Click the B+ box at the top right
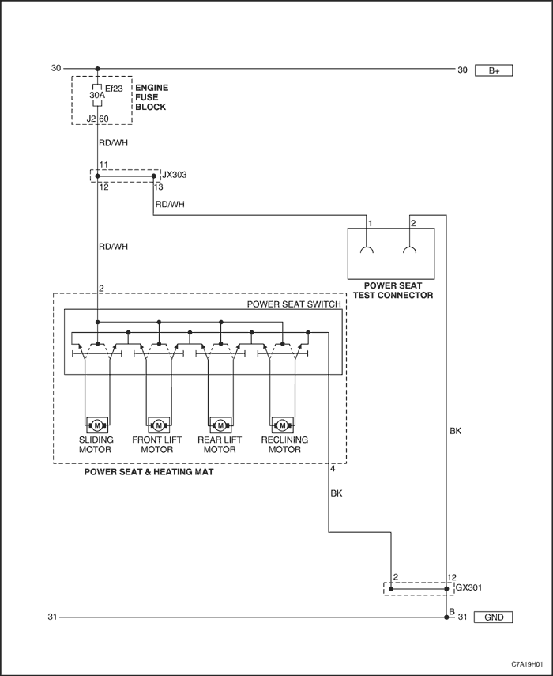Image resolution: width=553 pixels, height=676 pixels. pyautogui.click(x=494, y=70)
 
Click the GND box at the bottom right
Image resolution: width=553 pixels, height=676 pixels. pyautogui.click(x=494, y=617)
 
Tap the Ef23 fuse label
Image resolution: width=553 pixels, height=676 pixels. pyautogui.click(x=114, y=89)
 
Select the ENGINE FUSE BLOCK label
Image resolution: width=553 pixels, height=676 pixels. pyautogui.click(x=151, y=97)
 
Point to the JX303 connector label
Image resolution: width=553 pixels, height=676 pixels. pyautogui.click(x=175, y=175)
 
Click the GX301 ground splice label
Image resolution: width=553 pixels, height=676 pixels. pyautogui.click(x=469, y=587)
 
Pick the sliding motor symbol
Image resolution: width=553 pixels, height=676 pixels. pyautogui.click(x=97, y=425)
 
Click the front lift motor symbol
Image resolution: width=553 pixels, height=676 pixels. pyautogui.click(x=159, y=425)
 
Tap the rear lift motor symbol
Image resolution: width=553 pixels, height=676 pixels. pyautogui.click(x=220, y=425)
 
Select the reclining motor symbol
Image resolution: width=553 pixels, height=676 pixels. pyautogui.click(x=283, y=425)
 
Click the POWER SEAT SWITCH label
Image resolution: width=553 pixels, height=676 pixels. pyautogui.click(x=294, y=304)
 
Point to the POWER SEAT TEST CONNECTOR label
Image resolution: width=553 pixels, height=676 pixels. pyautogui.click(x=393, y=290)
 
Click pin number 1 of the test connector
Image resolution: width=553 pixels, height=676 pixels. pyautogui.click(x=370, y=223)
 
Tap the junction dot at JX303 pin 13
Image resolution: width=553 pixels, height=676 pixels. pyautogui.click(x=154, y=176)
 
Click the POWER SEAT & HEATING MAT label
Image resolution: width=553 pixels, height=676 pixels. pyautogui.click(x=149, y=472)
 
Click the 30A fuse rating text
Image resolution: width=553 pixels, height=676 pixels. pyautogui.click(x=97, y=95)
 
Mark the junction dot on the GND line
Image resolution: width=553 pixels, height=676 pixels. pyautogui.click(x=446, y=617)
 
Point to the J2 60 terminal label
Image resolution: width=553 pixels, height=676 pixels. pyautogui.click(x=97, y=119)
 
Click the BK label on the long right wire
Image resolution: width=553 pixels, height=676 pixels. pyautogui.click(x=456, y=431)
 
